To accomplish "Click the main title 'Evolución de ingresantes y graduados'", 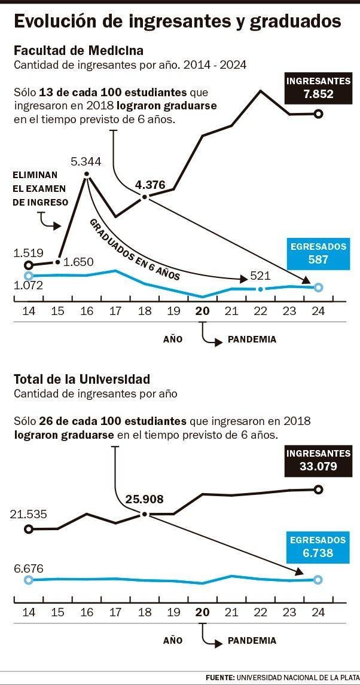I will (177, 21).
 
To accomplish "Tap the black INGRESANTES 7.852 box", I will (318, 87).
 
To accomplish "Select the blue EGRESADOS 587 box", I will (318, 253).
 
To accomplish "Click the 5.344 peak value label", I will (86, 161).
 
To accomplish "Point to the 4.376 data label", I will (150, 185).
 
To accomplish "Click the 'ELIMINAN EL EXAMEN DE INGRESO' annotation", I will (41, 188).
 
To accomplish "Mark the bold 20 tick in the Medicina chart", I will (203, 311).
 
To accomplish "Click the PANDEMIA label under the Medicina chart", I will (252, 340).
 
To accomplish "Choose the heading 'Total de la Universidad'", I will (81, 379).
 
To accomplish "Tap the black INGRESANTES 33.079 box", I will (318, 460).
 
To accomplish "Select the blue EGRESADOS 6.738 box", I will (318, 547).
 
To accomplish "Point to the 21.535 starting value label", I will (29, 514).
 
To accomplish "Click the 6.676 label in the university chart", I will (28, 568).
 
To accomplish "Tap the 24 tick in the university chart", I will (318, 612).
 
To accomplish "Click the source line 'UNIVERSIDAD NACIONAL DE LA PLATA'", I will (297, 677).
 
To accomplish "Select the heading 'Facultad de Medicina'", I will (78, 50).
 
